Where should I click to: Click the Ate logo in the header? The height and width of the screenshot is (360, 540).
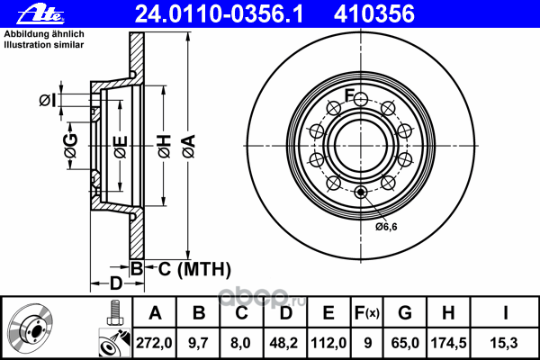(40, 14)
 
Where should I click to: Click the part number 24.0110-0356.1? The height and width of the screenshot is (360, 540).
(219, 14)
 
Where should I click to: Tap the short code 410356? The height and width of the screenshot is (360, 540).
(374, 14)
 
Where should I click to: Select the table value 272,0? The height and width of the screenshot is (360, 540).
(154, 343)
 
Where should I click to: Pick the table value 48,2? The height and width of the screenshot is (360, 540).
(283, 343)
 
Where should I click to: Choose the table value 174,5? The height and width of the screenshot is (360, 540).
(448, 343)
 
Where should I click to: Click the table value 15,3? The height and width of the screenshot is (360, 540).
(504, 343)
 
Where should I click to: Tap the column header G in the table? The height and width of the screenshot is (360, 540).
(405, 313)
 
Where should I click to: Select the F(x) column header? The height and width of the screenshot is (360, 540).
(367, 313)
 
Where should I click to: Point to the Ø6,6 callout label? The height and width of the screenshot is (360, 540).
(386, 227)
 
